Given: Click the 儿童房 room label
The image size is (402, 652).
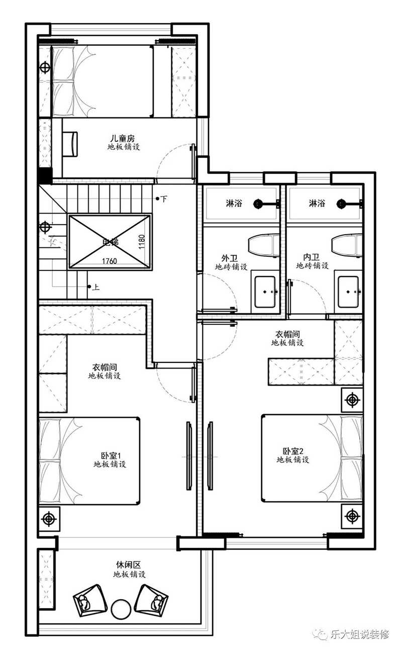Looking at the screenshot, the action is tap(122, 138).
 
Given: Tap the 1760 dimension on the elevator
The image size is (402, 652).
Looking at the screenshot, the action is tap(110, 261).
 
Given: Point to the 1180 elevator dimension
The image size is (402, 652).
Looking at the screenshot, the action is tap(142, 242).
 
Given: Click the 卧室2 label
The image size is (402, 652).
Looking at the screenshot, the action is tap(293, 451).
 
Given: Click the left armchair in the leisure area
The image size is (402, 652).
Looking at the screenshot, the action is tap(89, 600).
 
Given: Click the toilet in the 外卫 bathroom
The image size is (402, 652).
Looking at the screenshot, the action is tap(263, 246).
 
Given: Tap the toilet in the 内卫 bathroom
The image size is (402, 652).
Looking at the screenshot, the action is tap(347, 246).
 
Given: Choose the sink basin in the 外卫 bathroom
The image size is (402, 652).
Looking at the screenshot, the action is tap(265, 292).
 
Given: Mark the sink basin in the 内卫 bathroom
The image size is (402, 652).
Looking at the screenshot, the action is tap(348, 292).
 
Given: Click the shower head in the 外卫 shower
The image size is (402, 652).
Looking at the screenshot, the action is tap(257, 204).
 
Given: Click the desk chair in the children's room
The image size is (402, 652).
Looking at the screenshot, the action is tap(70, 144).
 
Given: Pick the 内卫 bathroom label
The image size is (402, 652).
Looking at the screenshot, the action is tap(311, 257).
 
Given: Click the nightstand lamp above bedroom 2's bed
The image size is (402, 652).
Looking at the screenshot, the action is tap(352, 400).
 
